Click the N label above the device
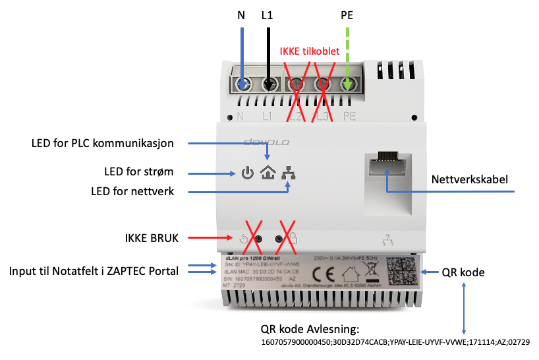coord(241,14)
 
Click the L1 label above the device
coord(267,14)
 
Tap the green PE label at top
coord(346,14)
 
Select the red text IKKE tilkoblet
coord(310,50)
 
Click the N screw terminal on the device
coord(244,85)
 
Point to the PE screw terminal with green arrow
coord(347,85)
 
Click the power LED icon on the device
coord(246,174)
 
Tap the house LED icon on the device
coord(268,173)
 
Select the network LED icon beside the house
coord(288,173)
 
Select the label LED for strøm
coord(140,173)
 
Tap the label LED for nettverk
coord(134,191)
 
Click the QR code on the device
coord(403,271)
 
